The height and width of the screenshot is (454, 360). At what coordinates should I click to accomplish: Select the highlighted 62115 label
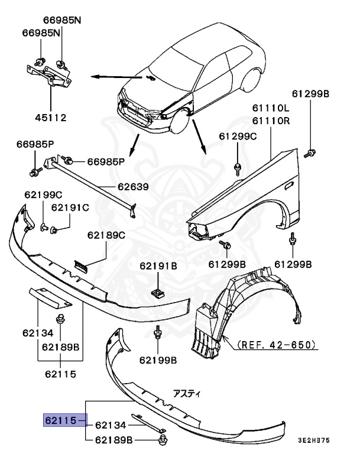pyautogui.click(x=61, y=420)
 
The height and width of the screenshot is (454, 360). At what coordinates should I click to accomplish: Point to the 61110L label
pyautogui.click(x=271, y=108)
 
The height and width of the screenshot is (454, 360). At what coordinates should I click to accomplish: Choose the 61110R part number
pyautogui.click(x=271, y=121)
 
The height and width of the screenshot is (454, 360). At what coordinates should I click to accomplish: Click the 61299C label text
pyautogui.click(x=238, y=136)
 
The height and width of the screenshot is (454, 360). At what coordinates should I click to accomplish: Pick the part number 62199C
pyautogui.click(x=43, y=194)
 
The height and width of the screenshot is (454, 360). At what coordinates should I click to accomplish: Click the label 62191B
pyautogui.click(x=158, y=266)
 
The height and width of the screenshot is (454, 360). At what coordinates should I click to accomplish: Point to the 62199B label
pyautogui.click(x=158, y=359)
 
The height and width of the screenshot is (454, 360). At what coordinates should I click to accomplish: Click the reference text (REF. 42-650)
pyautogui.click(x=276, y=344)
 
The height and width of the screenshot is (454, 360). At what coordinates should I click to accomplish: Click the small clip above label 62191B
pyautogui.click(x=158, y=291)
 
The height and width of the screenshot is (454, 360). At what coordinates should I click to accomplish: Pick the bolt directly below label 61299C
pyautogui.click(x=237, y=167)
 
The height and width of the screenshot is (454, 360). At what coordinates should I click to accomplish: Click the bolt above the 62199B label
pyautogui.click(x=158, y=335)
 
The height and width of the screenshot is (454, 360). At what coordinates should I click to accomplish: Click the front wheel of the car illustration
pyautogui.click(x=177, y=122)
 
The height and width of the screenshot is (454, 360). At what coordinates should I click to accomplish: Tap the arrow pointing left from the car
pyautogui.click(x=112, y=76)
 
